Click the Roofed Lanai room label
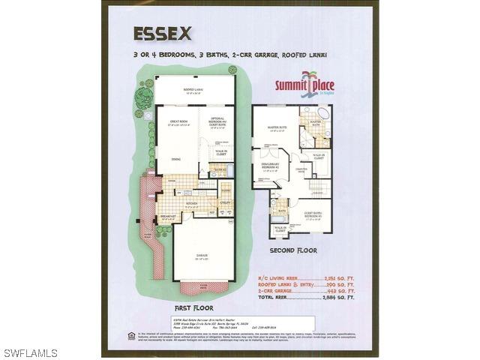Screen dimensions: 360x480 click(194, 90)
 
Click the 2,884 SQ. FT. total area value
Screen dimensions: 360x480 click(338, 298)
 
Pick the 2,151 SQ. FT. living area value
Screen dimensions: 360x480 click(338, 277)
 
